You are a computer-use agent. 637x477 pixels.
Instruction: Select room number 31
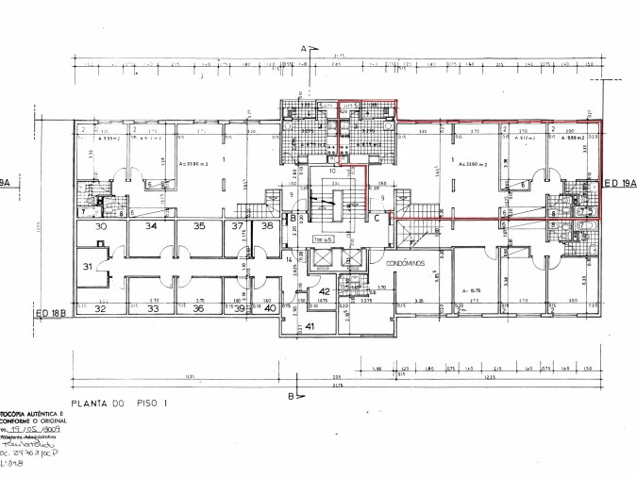point(87,267)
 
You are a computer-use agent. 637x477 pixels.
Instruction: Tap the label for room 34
point(150,227)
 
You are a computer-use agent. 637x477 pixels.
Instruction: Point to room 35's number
point(198,227)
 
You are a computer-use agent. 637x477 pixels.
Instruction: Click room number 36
point(198,308)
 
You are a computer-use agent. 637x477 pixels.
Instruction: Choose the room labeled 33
point(152,308)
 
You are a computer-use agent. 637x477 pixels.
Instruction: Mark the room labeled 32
point(99,308)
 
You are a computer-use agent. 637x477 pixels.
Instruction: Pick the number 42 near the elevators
point(323,292)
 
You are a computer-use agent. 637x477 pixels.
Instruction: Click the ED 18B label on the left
point(55,313)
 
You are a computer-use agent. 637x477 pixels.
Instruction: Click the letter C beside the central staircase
point(376,219)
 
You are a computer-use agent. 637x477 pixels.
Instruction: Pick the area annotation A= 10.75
point(472,290)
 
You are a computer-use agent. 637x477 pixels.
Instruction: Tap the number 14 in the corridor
point(289,257)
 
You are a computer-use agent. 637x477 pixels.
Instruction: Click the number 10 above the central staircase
point(332,172)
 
